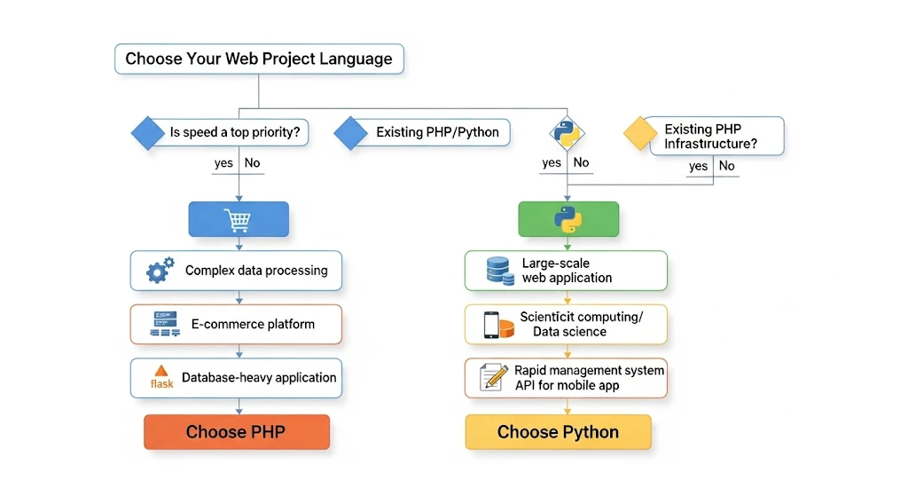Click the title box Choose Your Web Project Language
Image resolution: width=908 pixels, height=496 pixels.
(x=258, y=59)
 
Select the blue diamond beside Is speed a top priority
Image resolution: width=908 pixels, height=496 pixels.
(x=149, y=133)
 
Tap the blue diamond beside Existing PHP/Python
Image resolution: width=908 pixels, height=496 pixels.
(x=351, y=133)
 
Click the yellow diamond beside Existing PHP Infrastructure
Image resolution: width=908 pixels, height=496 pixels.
(x=640, y=134)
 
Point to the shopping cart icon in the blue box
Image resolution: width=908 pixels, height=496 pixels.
(x=238, y=219)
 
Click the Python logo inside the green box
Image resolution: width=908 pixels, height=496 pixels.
(x=567, y=219)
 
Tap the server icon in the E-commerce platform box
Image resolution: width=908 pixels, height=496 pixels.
(x=160, y=325)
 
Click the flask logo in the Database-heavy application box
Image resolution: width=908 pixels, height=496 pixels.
(x=161, y=377)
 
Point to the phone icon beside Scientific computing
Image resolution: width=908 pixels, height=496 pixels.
(x=491, y=325)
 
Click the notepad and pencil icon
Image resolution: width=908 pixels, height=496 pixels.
(x=493, y=377)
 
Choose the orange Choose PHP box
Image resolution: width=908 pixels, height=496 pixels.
(x=237, y=432)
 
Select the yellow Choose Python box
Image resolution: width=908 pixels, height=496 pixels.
(x=558, y=432)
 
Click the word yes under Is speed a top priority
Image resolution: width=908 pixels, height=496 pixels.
(x=223, y=163)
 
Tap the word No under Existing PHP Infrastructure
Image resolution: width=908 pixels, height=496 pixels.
(x=726, y=166)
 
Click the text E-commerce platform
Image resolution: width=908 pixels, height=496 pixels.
(x=253, y=324)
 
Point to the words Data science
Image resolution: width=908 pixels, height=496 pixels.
(x=569, y=332)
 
